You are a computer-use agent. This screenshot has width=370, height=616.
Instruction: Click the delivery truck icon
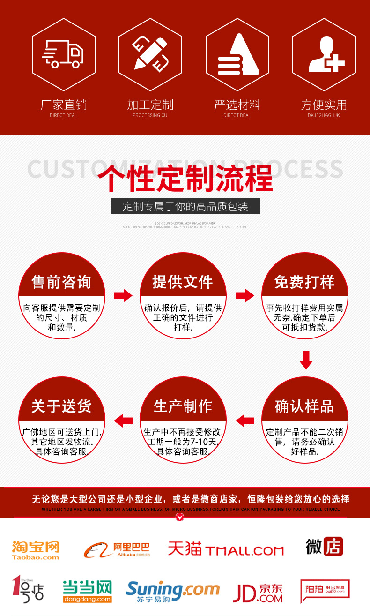[63, 53]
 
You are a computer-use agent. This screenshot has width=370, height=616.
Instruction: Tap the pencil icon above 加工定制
[150, 53]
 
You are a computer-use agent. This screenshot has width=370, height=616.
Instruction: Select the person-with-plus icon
[325, 53]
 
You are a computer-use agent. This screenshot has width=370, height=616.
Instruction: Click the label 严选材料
[237, 105]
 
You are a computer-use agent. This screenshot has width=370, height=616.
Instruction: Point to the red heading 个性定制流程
[185, 179]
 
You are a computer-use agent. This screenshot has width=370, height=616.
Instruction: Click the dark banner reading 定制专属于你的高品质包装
[185, 206]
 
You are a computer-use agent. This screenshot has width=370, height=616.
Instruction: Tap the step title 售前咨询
[61, 282]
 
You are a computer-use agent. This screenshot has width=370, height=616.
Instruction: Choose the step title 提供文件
[183, 282]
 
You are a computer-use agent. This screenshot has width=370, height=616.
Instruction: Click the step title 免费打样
[304, 282]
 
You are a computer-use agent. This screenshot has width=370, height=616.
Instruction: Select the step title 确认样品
[304, 406]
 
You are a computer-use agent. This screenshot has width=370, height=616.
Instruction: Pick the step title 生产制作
[183, 406]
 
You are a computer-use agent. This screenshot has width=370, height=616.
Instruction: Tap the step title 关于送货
[61, 406]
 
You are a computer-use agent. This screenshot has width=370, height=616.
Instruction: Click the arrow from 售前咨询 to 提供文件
[123, 296]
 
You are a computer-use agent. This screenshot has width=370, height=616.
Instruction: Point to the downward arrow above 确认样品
[306, 360]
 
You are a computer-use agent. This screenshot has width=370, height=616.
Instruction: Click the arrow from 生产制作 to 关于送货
[123, 421]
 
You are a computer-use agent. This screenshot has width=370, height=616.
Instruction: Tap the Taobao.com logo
[36, 550]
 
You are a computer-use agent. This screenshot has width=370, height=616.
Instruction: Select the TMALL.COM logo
[226, 549]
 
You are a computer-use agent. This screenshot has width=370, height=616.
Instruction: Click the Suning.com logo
[172, 592]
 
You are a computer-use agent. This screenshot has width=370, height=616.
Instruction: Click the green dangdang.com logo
[88, 592]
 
